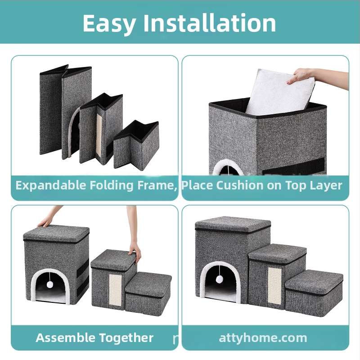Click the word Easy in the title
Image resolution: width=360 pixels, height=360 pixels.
(x=109, y=24)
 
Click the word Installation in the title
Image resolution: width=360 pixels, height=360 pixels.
(x=210, y=23)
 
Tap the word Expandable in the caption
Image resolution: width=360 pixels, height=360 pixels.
(x=50, y=185)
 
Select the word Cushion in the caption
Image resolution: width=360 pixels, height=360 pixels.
(x=240, y=185)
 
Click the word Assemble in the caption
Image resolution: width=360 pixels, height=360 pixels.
(x=65, y=338)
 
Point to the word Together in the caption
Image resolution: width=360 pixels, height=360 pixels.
(x=126, y=338)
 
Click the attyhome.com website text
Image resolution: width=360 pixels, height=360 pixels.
(x=263, y=338)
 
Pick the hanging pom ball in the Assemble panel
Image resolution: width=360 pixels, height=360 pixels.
(x=50, y=285)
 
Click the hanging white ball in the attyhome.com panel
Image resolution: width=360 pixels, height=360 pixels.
(x=220, y=279)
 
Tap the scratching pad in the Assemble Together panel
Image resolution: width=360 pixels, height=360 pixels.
(x=115, y=290)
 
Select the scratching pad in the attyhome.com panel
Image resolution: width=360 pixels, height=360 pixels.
(x=274, y=286)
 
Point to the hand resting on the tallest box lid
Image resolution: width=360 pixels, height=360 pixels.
(x=46, y=221)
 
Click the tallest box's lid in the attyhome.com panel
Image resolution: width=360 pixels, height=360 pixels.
(x=233, y=225)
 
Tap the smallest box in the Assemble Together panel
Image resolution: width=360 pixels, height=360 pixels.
(x=148, y=294)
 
